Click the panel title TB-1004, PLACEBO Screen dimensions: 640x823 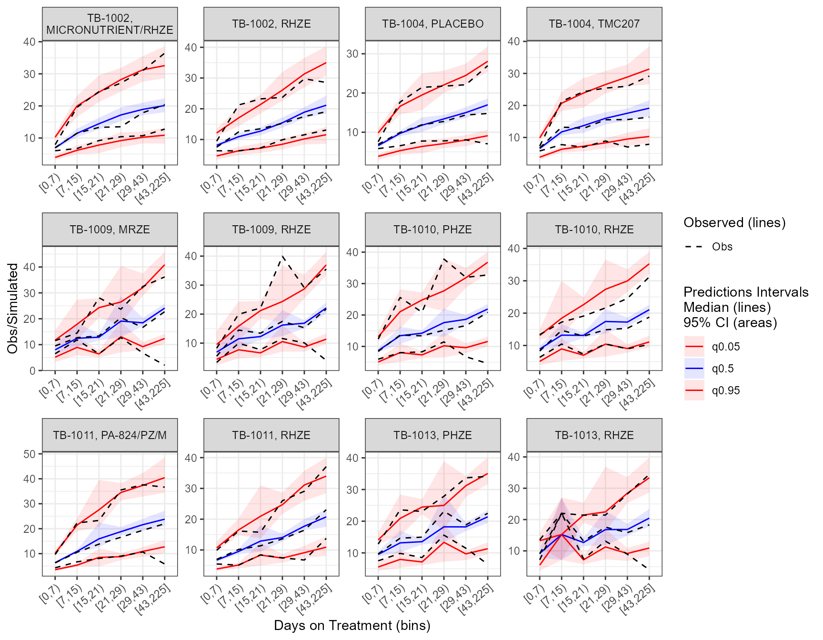click(432, 24)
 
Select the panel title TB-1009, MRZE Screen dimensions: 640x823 click(110, 230)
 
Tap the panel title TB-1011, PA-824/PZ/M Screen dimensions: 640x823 click(110, 435)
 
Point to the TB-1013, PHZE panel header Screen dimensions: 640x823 click(432, 435)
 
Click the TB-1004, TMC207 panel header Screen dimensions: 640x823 click(594, 24)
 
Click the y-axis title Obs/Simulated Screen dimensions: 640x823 click(13, 308)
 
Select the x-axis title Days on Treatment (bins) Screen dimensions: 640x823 click(352, 625)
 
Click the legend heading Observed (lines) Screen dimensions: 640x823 click(734, 222)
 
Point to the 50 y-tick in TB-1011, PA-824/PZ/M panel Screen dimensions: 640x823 click(30, 454)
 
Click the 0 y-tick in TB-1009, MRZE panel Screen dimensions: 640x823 click(32, 370)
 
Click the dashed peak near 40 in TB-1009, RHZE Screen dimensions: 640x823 click(282, 256)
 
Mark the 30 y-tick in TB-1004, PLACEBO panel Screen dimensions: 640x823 click(352, 54)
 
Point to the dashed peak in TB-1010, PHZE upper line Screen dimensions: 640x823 click(444, 259)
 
